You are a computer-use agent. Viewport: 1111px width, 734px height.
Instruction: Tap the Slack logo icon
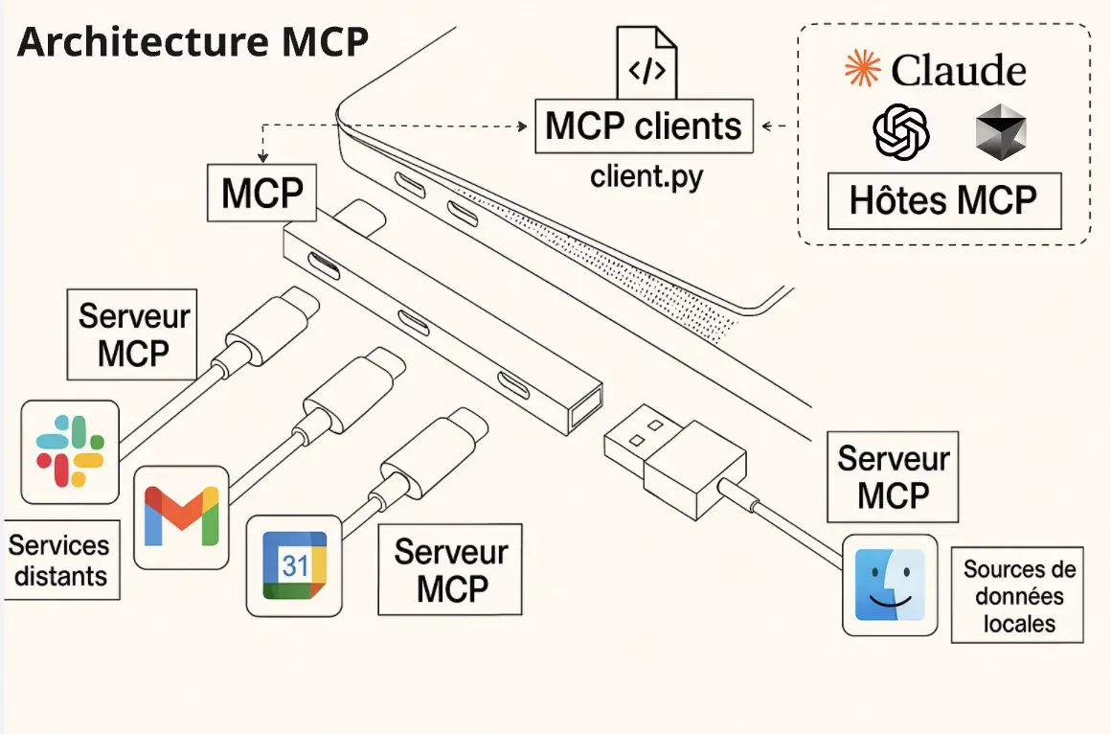click(69, 451)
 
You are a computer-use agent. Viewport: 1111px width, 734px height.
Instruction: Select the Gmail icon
click(181, 516)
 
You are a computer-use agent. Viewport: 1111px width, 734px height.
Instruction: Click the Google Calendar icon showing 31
click(295, 565)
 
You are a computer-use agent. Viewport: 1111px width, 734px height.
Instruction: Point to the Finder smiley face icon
click(890, 585)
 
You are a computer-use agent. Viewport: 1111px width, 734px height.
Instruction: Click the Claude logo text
click(935, 69)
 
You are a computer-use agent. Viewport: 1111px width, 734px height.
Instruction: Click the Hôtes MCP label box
click(943, 201)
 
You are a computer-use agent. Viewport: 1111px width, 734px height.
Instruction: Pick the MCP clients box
click(644, 126)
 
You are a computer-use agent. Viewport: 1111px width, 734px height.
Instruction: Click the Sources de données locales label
click(1018, 596)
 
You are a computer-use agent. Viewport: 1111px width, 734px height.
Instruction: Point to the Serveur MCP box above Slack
click(133, 334)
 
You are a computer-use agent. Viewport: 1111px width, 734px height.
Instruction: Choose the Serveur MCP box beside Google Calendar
click(450, 569)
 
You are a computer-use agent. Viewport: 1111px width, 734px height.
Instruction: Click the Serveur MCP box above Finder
click(893, 476)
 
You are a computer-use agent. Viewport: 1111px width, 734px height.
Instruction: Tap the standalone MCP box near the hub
click(261, 194)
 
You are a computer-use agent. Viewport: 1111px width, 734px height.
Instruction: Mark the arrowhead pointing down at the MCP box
click(261, 159)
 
